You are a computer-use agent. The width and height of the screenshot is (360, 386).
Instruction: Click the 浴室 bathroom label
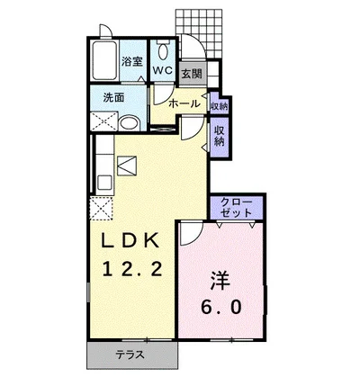(131, 62)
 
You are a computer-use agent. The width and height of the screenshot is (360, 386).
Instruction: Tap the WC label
(163, 70)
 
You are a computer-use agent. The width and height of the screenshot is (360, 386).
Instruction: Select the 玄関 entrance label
(193, 74)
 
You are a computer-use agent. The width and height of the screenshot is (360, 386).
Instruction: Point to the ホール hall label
(184, 103)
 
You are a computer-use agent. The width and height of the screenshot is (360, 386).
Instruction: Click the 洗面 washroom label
(113, 97)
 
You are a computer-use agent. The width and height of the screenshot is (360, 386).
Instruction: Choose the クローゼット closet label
(236, 207)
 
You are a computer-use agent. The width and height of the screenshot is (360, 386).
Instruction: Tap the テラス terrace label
(130, 355)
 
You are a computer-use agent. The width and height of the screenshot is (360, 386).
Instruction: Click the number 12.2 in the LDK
(133, 268)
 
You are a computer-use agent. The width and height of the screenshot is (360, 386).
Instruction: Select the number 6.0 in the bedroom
(220, 308)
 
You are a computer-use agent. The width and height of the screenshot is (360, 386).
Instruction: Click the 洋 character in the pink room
(220, 281)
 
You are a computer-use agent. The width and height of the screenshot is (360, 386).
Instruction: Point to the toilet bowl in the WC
(163, 51)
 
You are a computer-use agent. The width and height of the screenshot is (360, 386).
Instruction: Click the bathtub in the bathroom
(104, 60)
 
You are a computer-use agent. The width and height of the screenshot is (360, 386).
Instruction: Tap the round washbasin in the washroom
(130, 123)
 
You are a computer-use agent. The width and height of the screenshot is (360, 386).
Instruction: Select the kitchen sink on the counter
(104, 183)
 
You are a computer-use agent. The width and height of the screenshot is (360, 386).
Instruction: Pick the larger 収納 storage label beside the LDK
(219, 136)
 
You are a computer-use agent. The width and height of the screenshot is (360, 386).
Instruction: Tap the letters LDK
(130, 240)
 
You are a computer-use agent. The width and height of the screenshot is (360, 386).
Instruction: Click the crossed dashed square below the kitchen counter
(102, 209)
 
